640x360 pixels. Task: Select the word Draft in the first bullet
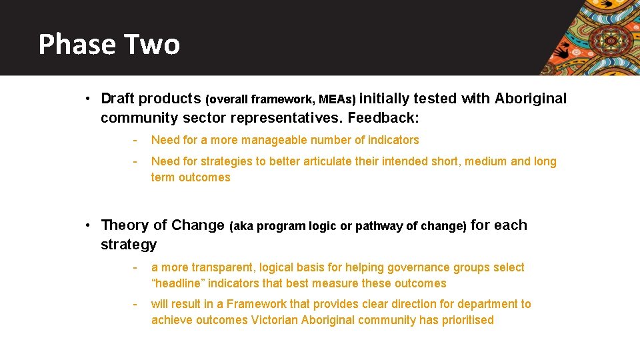[x=118, y=99]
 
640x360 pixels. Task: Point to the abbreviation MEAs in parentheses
[x=336, y=99]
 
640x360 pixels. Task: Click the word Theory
[x=125, y=225]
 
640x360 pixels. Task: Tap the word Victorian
[x=275, y=320]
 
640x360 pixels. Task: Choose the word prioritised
[x=467, y=320]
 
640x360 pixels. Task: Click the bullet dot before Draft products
[x=88, y=99]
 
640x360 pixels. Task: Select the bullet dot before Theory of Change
[x=88, y=225]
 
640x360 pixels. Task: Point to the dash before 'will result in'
[x=135, y=304]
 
